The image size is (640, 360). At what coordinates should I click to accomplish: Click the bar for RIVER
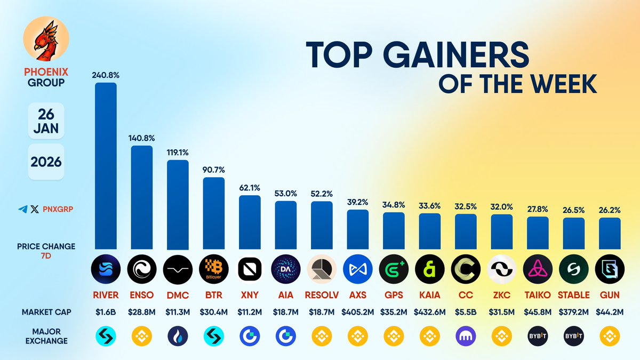106,165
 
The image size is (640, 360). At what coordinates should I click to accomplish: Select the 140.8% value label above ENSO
141,138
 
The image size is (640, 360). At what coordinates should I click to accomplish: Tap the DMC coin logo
178,268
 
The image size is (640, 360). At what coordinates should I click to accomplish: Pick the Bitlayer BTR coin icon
214,268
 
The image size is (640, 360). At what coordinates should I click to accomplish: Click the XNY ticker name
250,295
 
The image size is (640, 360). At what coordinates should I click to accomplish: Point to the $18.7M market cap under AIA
286,311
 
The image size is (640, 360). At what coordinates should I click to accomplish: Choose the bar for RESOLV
322,225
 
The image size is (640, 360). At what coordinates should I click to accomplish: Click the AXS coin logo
357,268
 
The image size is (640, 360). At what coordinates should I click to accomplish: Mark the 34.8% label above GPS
394,204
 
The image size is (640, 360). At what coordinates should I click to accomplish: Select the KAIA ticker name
429,295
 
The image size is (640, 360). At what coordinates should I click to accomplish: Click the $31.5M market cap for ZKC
501,311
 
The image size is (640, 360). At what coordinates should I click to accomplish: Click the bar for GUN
610,233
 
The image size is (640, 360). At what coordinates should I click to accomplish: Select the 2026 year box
46,161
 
